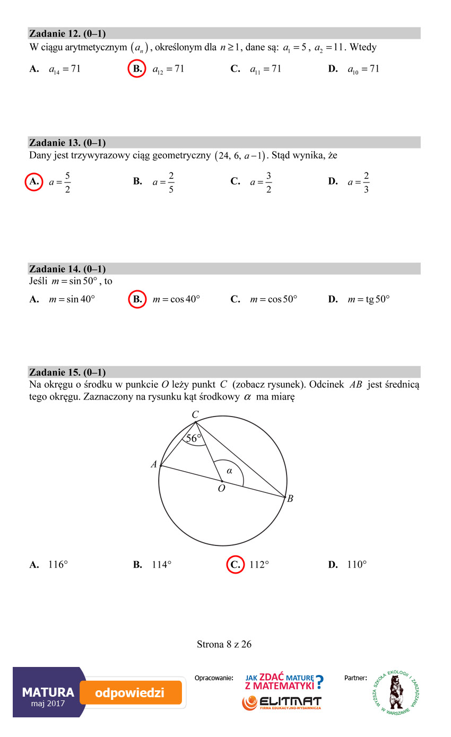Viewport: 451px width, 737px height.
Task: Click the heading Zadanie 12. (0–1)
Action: pyautogui.click(x=67, y=34)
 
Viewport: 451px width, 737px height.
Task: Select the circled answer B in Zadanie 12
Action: pyautogui.click(x=137, y=69)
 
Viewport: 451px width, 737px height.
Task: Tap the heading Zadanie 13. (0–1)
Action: pyautogui.click(x=67, y=143)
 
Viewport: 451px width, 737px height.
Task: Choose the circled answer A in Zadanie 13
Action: pyautogui.click(x=34, y=181)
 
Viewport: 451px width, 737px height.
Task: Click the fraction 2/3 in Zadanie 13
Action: pyautogui.click(x=366, y=182)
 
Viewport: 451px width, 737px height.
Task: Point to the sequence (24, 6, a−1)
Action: pyautogui.click(x=240, y=156)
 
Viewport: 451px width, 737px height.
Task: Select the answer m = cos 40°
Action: pyautogui.click(x=176, y=299)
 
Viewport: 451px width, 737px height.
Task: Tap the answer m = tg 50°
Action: pyautogui.click(x=368, y=299)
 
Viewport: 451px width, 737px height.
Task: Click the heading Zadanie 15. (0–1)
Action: pyautogui.click(x=67, y=372)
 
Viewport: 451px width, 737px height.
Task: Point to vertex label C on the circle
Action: pyautogui.click(x=195, y=414)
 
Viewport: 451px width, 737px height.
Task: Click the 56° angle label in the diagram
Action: pyautogui.click(x=194, y=439)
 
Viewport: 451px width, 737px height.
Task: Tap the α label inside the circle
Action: pyautogui.click(x=229, y=471)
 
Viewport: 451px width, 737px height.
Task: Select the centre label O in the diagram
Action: pyautogui.click(x=221, y=488)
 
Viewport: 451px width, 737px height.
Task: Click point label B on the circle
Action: pyautogui.click(x=290, y=499)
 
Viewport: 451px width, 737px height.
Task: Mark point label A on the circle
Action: pyautogui.click(x=154, y=465)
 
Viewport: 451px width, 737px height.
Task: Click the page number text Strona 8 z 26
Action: pyautogui.click(x=224, y=645)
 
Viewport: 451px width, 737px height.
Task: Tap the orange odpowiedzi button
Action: pyautogui.click(x=131, y=692)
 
